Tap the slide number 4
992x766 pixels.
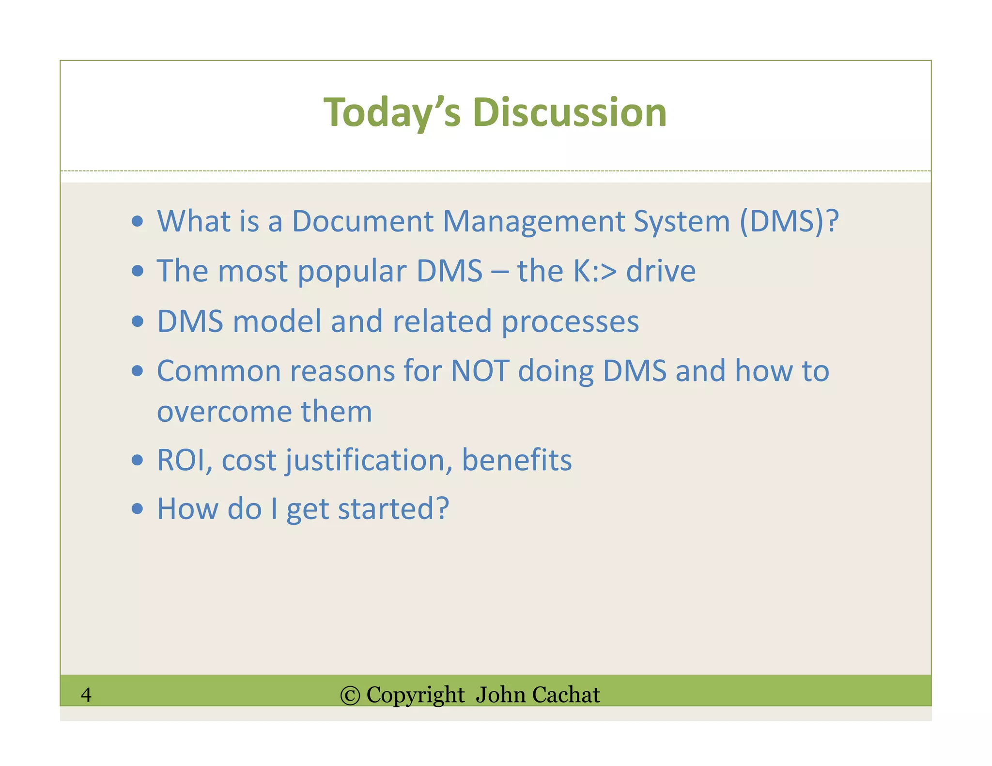pyautogui.click(x=86, y=694)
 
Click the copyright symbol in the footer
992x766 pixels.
pyautogui.click(x=350, y=695)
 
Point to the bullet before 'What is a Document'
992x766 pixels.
pyautogui.click(x=138, y=222)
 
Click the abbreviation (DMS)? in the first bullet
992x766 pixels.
pyautogui.click(x=789, y=221)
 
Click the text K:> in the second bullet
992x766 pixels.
pyautogui.click(x=595, y=271)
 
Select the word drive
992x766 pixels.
pyautogui.click(x=661, y=271)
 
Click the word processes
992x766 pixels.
pyautogui.click(x=570, y=322)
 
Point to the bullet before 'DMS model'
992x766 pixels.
pyautogui.click(x=138, y=322)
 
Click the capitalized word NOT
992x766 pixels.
pyautogui.click(x=480, y=371)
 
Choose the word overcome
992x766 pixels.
pyautogui.click(x=224, y=412)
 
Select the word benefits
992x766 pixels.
pyautogui.click(x=516, y=460)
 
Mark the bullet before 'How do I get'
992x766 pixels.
pyautogui.click(x=138, y=509)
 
